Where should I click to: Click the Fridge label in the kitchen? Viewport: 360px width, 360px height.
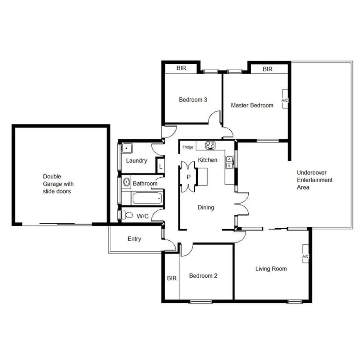pos(188,147)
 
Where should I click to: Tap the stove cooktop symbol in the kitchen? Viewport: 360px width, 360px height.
pos(210,146)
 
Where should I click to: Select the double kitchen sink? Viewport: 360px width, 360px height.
pos(229,162)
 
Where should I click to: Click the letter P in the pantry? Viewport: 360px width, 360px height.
pos(188,177)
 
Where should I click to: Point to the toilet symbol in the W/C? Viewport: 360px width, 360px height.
pos(128,215)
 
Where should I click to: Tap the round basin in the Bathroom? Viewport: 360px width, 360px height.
pos(126,182)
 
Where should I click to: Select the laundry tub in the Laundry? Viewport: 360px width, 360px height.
pos(126,148)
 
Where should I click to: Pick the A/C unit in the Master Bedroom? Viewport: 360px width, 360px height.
pos(285,99)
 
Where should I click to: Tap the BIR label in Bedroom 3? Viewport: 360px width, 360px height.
pos(181,68)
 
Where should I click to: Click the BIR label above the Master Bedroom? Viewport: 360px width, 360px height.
pos(268,69)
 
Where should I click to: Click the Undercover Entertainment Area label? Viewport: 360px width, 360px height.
pos(314,180)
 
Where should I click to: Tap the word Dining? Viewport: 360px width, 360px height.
pos(205,207)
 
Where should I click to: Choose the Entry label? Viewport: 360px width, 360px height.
pos(134,239)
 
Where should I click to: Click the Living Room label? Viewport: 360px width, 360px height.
pos(271,268)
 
